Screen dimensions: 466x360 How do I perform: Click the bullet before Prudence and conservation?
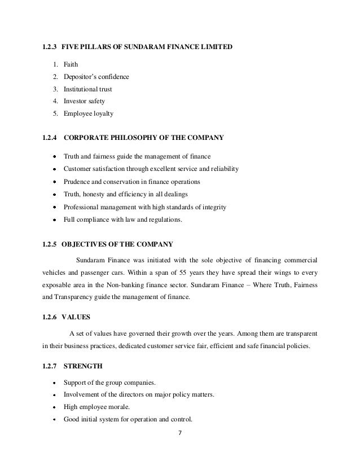54,182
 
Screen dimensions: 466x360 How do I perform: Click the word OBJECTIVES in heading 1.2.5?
84,245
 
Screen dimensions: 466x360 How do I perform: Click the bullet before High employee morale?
54,407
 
